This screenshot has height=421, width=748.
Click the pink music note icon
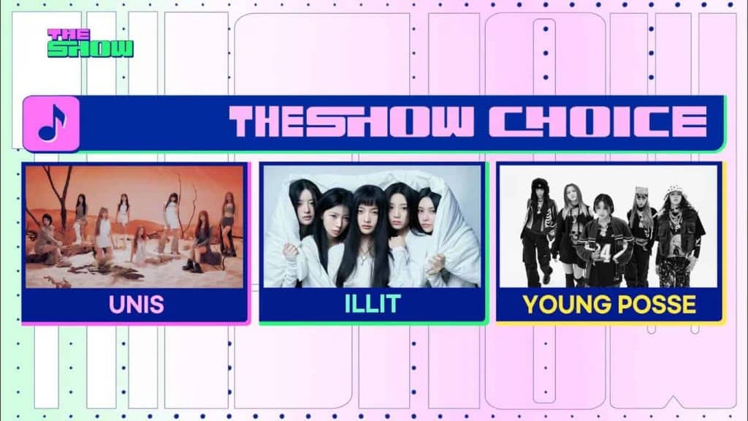(x=52, y=124)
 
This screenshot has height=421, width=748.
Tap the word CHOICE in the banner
(x=598, y=122)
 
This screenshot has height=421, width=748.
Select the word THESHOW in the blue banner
(x=351, y=122)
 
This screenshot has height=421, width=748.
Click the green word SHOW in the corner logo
(x=91, y=49)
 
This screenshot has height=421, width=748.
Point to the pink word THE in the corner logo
(x=69, y=34)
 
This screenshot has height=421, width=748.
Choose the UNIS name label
(x=137, y=305)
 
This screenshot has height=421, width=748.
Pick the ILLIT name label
(x=373, y=304)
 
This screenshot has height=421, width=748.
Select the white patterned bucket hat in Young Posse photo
(x=674, y=191)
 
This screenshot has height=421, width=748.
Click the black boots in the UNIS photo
(x=189, y=263)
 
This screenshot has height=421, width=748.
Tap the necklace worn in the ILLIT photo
(x=365, y=251)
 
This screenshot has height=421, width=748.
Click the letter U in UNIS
(x=116, y=305)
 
